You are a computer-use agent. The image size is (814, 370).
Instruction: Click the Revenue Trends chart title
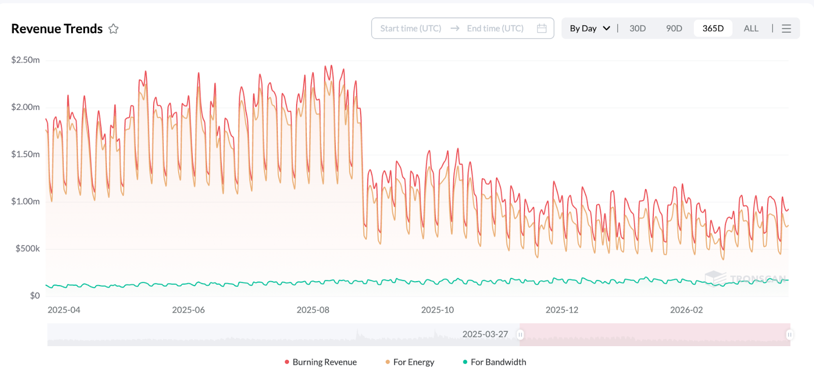click(57, 29)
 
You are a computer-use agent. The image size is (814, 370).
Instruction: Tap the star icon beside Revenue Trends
click(113, 29)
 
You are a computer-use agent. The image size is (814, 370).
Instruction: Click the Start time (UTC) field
click(411, 28)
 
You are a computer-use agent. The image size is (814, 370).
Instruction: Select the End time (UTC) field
click(495, 28)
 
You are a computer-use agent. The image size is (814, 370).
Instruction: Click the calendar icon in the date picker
click(542, 28)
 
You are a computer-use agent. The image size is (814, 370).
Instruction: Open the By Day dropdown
click(590, 28)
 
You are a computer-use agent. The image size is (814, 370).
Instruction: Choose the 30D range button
click(637, 28)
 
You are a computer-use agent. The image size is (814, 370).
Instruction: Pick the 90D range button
click(674, 28)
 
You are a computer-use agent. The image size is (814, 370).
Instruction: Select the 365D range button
click(713, 28)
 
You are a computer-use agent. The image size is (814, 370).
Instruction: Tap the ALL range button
click(751, 28)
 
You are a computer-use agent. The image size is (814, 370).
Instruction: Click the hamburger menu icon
click(787, 28)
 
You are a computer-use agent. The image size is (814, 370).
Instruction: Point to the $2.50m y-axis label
click(25, 60)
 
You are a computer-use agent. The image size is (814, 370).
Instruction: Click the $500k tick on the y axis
click(27, 249)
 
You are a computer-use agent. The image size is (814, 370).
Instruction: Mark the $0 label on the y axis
click(35, 295)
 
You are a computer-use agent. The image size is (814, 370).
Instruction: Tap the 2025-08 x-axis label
click(313, 310)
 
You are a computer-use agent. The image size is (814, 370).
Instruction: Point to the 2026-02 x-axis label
click(686, 310)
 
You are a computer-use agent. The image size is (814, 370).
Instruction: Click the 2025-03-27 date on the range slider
click(485, 334)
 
